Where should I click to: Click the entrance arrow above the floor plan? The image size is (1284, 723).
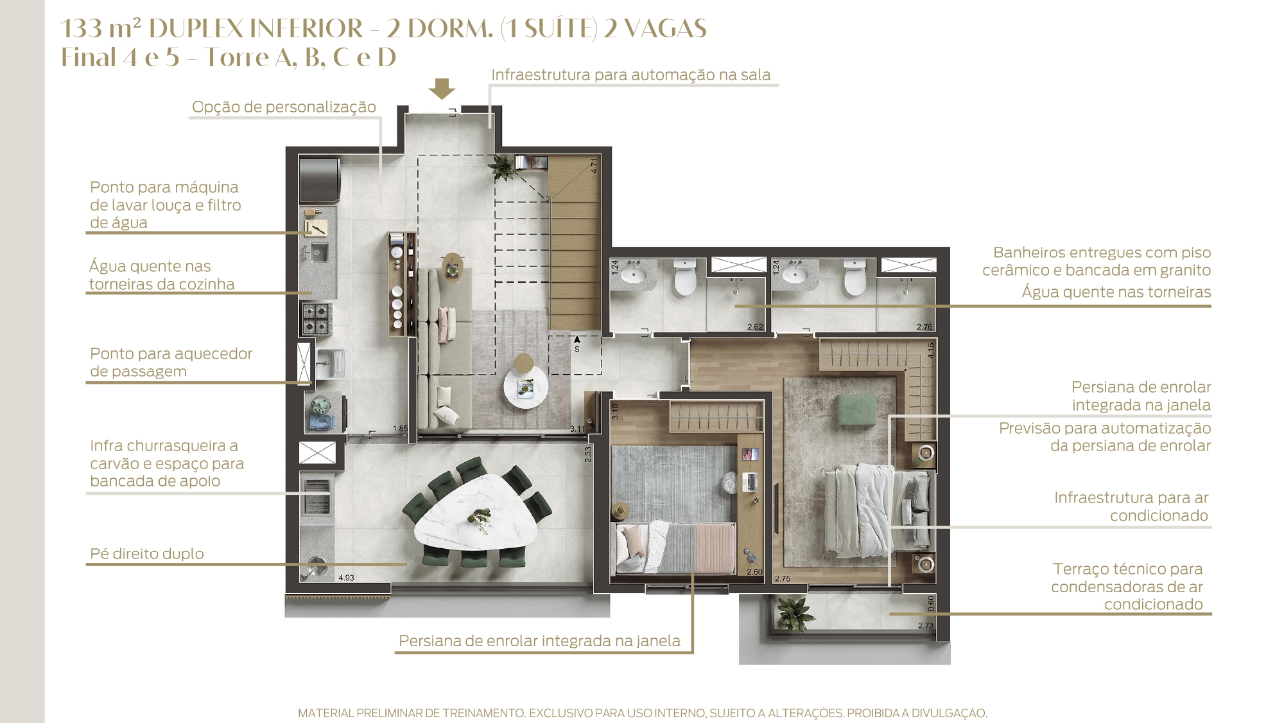point(442,89)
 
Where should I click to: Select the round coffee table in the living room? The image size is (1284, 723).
point(524,388)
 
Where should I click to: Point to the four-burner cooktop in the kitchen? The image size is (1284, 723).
point(317,319)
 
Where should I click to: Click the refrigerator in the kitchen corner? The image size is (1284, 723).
point(319,180)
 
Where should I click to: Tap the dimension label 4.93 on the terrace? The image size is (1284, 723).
point(346,578)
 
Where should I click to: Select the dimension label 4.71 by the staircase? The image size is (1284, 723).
point(594,165)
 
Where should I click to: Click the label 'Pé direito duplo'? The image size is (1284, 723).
point(147,553)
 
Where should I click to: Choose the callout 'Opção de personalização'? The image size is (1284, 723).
point(284,107)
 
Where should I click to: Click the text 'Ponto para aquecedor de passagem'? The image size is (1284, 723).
point(171,362)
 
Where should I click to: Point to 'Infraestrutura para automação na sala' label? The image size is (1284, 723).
point(630,75)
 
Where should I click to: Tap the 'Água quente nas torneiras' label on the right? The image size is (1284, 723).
point(1116,292)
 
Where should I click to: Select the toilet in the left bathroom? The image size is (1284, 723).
point(685,277)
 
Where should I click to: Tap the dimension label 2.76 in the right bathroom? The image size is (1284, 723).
point(924,327)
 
